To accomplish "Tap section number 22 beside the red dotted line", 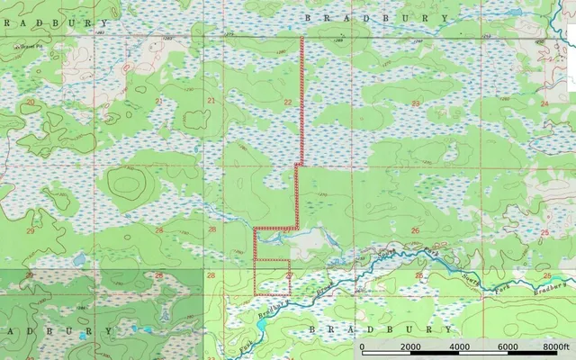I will (x=288, y=103).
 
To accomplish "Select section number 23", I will (x=415, y=103).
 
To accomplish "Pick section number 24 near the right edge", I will (x=544, y=103).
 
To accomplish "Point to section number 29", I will (x=31, y=231).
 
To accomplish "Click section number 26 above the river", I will (x=415, y=231).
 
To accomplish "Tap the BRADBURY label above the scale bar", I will (x=360, y=330).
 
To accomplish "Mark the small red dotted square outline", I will (x=272, y=277).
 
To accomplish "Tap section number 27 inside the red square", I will (x=289, y=274).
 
